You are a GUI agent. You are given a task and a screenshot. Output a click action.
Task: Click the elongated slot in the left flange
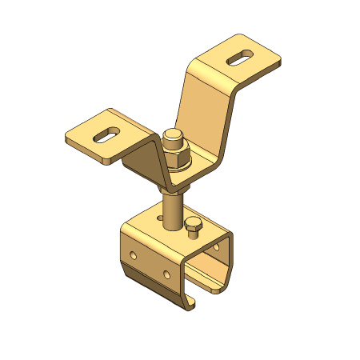(106, 134)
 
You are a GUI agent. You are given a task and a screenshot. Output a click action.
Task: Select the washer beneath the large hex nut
(177, 169)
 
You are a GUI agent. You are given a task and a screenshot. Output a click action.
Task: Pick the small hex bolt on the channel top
(193, 228)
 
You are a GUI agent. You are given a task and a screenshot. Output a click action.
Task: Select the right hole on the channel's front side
(166, 274)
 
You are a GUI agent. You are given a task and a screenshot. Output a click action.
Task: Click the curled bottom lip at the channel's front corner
(192, 304)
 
